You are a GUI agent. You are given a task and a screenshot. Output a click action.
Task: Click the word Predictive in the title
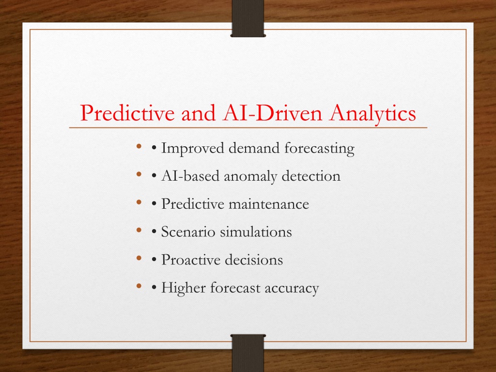click(x=127, y=113)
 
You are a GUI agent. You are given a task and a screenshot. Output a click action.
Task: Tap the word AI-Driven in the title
click(x=272, y=112)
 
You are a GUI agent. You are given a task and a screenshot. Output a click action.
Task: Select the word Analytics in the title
click(x=372, y=114)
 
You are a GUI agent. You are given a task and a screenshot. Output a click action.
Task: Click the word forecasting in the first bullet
click(x=319, y=148)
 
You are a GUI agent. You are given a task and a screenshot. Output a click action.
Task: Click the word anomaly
click(x=250, y=176)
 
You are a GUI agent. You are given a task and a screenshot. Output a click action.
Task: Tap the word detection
click(x=311, y=176)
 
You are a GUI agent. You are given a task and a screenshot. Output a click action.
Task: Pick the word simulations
click(x=256, y=232)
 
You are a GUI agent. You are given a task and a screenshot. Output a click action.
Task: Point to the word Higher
click(x=184, y=288)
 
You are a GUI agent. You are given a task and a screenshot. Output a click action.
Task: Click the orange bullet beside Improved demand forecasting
click(x=139, y=146)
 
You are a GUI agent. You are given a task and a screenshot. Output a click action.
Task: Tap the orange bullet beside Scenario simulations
click(x=139, y=230)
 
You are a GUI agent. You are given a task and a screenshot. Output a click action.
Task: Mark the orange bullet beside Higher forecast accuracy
click(x=139, y=286)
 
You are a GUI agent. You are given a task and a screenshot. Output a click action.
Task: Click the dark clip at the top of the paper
click(x=248, y=18)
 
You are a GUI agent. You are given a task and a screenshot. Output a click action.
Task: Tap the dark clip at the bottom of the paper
click(x=248, y=353)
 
